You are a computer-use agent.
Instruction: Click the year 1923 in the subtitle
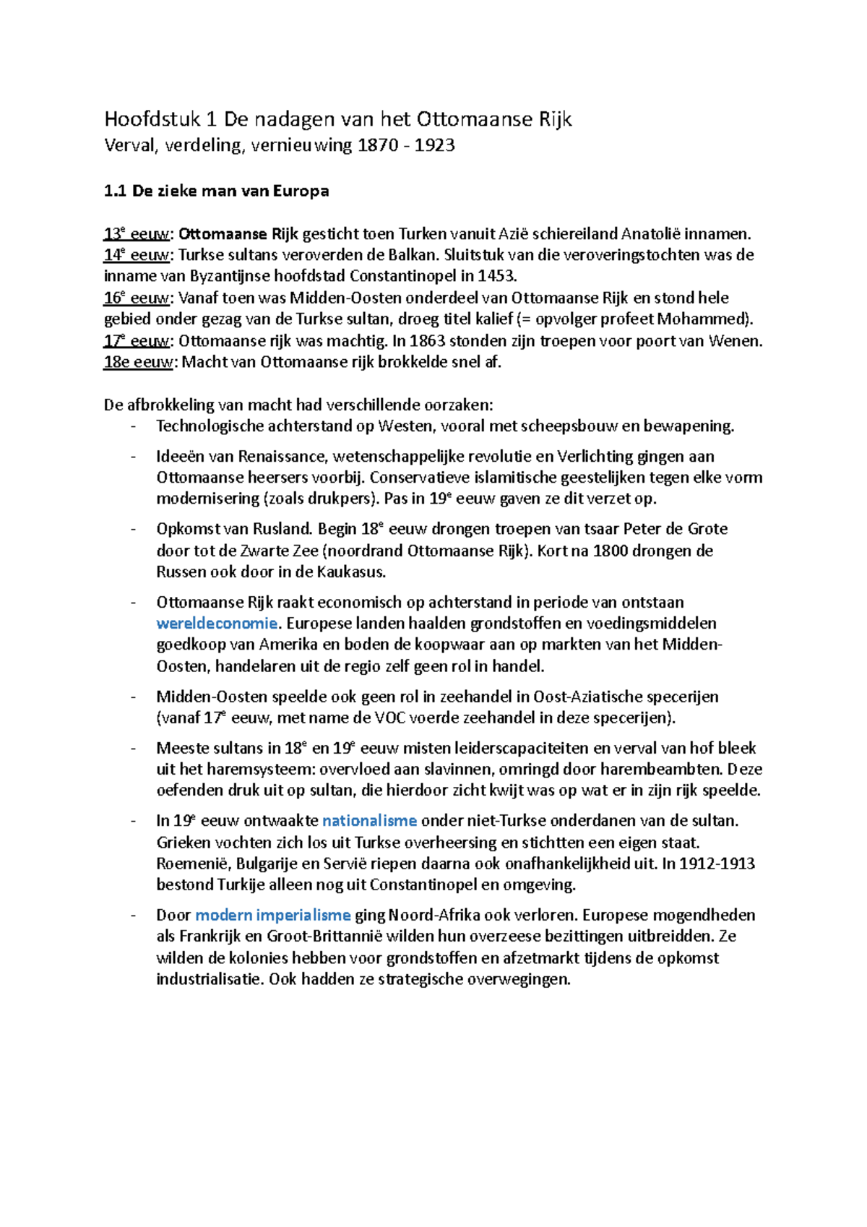(435, 145)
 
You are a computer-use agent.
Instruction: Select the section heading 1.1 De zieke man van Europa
(216, 191)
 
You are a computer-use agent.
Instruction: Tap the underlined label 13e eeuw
(137, 234)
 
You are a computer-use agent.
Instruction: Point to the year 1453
(496, 276)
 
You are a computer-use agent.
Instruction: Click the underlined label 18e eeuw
(138, 362)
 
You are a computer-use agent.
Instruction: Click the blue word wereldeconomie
(217, 624)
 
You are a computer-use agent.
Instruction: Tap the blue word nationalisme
(369, 821)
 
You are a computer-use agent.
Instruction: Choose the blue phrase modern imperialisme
(273, 916)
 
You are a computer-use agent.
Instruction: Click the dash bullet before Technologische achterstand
(134, 426)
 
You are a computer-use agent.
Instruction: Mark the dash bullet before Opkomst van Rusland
(134, 530)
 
